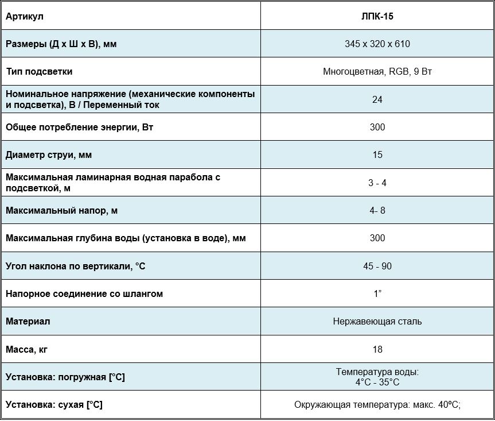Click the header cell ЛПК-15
coord(377,16)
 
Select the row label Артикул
coord(25,16)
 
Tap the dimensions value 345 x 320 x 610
coord(377,44)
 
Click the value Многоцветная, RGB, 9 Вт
coord(377,72)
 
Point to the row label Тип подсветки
coord(39,72)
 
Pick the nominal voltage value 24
coord(377,99)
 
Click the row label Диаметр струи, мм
coord(49,155)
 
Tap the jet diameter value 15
coord(377,155)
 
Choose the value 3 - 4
coord(377,183)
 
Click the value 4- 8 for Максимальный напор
coord(377,210)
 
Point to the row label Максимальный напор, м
coord(62,210)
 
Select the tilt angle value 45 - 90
coord(377,266)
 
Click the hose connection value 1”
coord(377,293)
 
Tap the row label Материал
coord(28,321)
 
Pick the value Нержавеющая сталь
coord(377,321)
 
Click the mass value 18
coord(377,349)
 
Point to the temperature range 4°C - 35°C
coord(377,382)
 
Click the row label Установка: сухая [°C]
coord(54,405)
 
